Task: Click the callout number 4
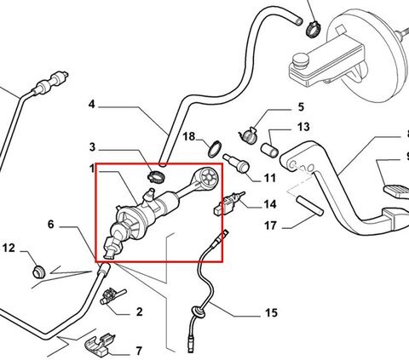point(91,105)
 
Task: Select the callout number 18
point(189,136)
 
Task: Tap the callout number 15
point(271,313)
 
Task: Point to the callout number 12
point(9,248)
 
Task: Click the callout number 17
point(270,226)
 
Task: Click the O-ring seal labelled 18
point(215,149)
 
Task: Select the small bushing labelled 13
point(269,150)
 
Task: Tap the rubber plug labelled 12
point(38,271)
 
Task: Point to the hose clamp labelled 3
point(156,177)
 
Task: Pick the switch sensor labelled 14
point(228,202)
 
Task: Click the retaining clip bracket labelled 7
point(101,345)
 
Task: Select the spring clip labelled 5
point(248,135)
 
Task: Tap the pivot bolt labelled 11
point(236,163)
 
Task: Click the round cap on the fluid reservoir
point(301,61)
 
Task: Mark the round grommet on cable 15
point(195,311)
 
